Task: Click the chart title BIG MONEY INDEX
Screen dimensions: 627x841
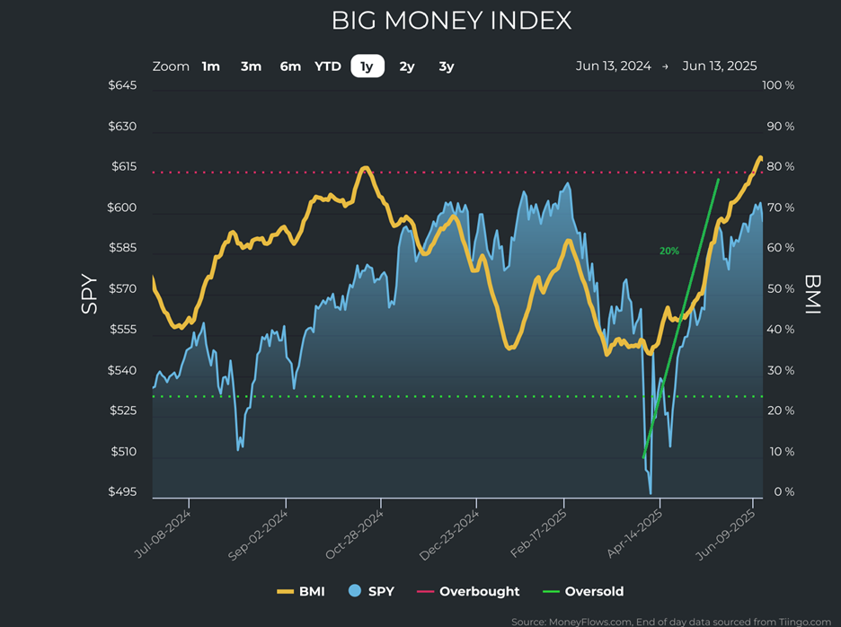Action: coord(451,21)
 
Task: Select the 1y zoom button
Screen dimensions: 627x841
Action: coord(367,66)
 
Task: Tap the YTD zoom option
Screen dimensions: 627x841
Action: coord(327,66)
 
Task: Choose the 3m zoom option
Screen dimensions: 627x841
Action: coord(251,66)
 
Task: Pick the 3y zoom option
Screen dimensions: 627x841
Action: coord(447,66)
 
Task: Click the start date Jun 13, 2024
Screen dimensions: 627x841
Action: coord(613,66)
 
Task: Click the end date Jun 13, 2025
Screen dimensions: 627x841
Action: coord(720,66)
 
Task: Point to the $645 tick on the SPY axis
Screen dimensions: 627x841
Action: coord(122,85)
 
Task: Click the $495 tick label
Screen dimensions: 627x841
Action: coord(122,492)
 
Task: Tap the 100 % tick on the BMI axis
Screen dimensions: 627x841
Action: coord(777,85)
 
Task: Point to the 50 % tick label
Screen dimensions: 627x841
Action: coord(779,289)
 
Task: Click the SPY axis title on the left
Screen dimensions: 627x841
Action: coord(89,293)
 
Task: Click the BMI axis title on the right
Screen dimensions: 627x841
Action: coord(813,293)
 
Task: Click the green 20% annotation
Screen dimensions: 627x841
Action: coord(669,251)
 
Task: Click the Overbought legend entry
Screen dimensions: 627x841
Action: coord(479,591)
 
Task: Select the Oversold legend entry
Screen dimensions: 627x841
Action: coord(594,591)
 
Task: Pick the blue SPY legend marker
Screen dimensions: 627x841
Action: coord(354,591)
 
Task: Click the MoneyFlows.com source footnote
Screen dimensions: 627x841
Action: coord(670,621)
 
